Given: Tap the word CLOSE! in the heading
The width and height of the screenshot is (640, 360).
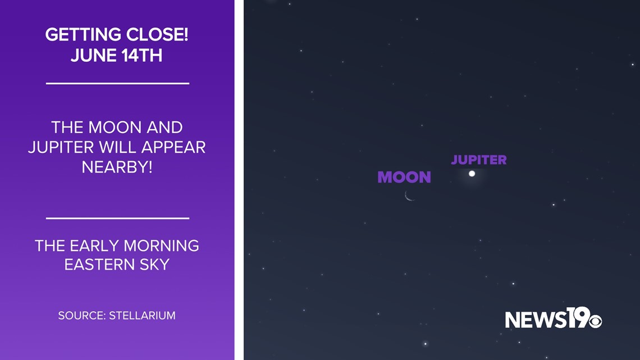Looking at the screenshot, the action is [157, 35].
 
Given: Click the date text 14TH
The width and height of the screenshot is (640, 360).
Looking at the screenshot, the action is [141, 56].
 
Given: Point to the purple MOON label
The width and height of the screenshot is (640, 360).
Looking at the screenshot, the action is [404, 177].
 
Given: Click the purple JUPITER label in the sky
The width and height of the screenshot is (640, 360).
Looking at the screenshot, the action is [479, 160].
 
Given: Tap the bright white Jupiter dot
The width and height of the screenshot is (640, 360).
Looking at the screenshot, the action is [472, 174].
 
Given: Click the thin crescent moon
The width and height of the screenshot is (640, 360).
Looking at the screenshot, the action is [409, 197].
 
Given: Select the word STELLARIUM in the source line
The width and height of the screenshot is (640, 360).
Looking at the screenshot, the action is [142, 316].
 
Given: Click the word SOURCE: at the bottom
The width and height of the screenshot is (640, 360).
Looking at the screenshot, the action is [82, 316].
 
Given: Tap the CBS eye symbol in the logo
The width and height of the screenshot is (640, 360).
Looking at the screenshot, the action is [595, 321].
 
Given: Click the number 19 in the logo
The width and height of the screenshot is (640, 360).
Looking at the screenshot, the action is [578, 317].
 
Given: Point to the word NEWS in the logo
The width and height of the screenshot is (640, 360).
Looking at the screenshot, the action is [536, 320].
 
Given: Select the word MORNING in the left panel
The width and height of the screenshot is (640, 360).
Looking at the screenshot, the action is [161, 246].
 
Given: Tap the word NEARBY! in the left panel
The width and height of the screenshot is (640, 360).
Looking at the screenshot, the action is [117, 167].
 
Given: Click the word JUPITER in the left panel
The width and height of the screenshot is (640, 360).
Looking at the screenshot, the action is [61, 147].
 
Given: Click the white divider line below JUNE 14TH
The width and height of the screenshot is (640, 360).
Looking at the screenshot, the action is [117, 83].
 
